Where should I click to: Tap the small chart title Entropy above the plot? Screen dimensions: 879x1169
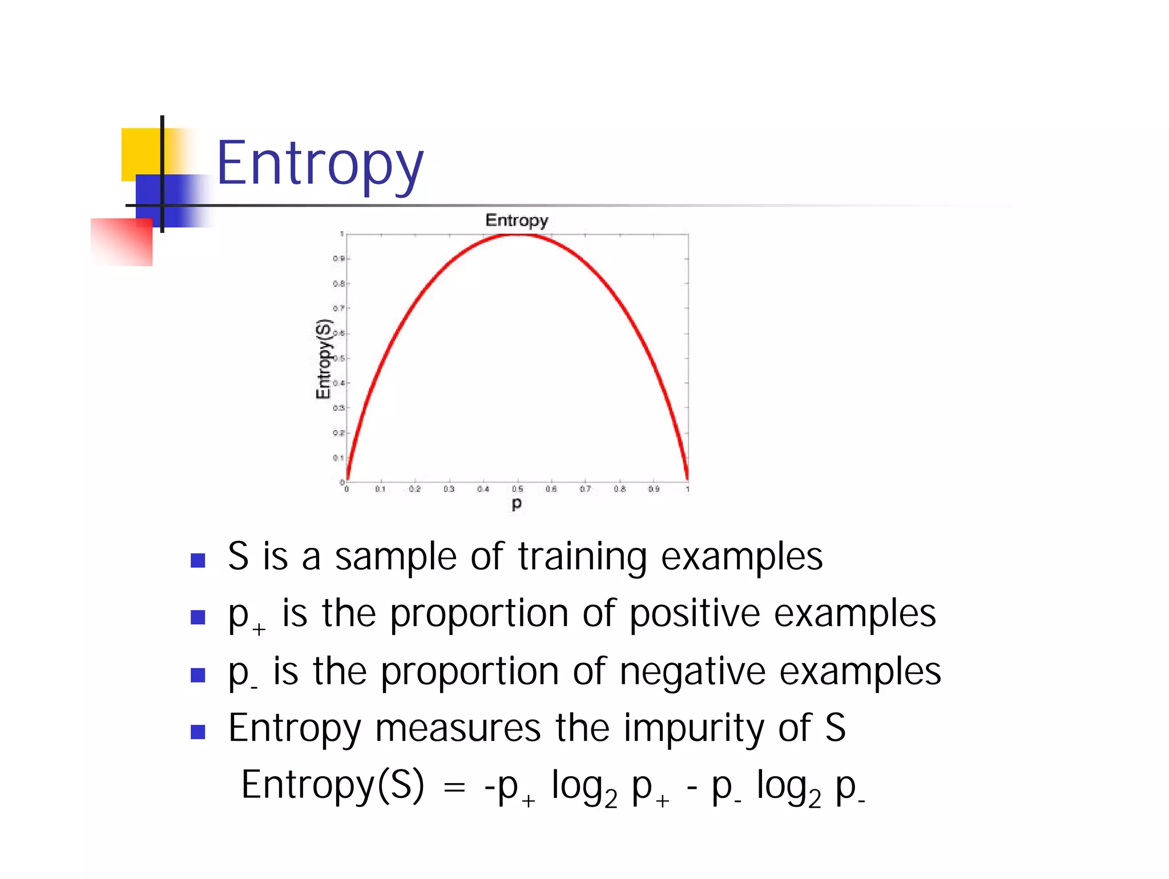coord(517,220)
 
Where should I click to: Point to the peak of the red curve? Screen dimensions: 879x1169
coord(517,235)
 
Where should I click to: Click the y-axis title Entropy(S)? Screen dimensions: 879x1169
coord(324,359)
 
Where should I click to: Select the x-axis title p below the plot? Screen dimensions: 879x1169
coord(517,503)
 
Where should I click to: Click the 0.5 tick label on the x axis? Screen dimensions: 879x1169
coord(517,489)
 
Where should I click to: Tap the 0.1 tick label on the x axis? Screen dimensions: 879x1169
coord(380,489)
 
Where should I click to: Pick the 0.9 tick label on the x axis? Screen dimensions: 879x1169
coord(654,489)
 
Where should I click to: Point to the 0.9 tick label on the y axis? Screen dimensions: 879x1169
coord(338,259)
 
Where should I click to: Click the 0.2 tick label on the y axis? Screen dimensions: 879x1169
coord(338,433)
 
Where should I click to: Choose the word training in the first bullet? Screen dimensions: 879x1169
coord(582,557)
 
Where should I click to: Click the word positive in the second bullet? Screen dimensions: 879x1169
coord(695,614)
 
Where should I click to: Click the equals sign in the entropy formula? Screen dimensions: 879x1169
coord(454,788)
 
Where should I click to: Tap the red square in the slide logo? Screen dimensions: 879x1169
coord(122,242)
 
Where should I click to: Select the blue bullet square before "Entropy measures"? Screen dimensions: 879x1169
coord(197,732)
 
